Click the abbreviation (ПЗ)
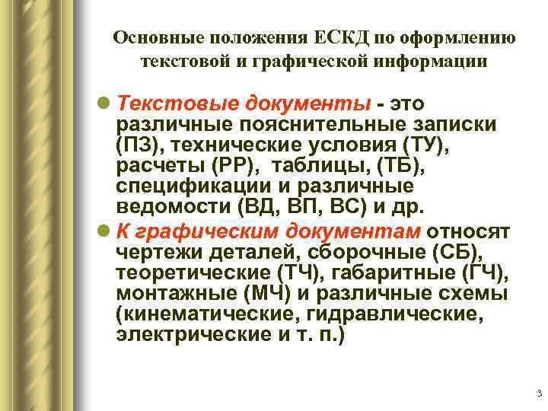coord(139,145)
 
